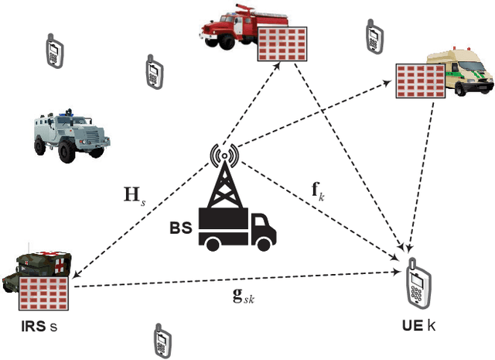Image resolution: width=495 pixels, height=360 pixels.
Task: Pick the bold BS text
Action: point(181,230)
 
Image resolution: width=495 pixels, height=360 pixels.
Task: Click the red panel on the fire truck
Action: point(283,42)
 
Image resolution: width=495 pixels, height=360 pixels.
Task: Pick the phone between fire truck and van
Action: point(372,35)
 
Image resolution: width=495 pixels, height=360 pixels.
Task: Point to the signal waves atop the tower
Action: point(224,156)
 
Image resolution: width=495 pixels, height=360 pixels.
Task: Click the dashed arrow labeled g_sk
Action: point(232,280)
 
